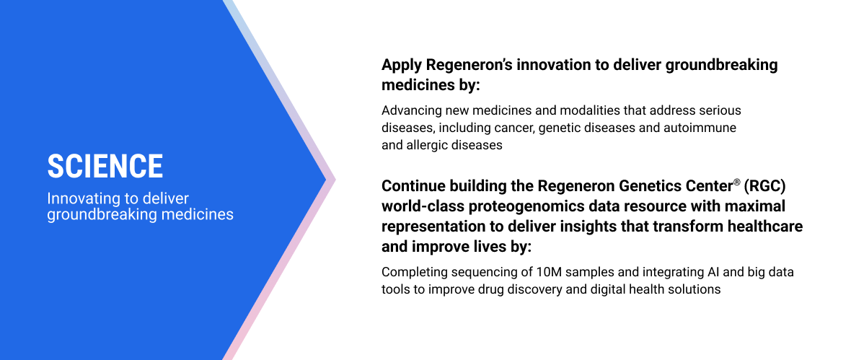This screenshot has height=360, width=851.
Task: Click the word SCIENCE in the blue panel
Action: [x=105, y=166]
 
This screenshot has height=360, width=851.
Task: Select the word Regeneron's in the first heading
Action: [x=469, y=65]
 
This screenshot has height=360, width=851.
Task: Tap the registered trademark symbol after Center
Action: [x=736, y=183]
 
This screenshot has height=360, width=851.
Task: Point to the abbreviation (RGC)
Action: [x=765, y=186]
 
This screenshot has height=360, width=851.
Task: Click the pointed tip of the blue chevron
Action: [x=327, y=180]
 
